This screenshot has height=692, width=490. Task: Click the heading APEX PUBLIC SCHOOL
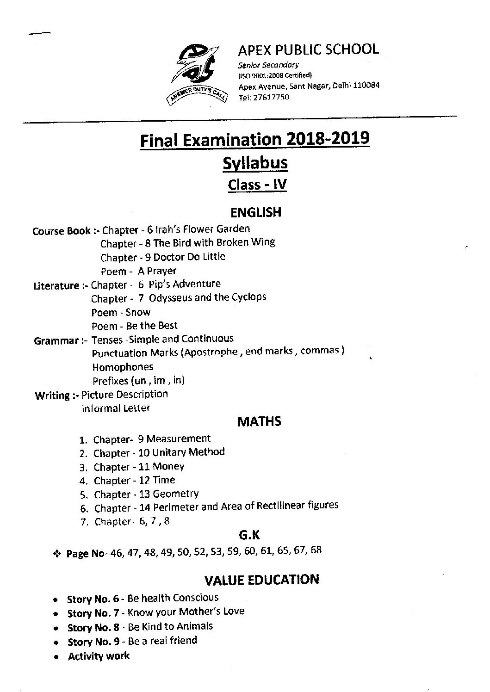click(308, 49)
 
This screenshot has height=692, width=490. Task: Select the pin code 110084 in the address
click(366, 86)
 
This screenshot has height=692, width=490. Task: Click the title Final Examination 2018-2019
click(255, 139)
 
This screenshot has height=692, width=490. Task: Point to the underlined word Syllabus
click(255, 162)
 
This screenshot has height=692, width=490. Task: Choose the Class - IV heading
click(257, 185)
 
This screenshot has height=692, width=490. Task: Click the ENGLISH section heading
click(256, 212)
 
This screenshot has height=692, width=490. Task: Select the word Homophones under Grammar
click(123, 367)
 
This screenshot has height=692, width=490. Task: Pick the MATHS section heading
click(259, 421)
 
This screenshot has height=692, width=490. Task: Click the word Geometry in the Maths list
click(176, 494)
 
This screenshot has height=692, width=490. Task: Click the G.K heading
click(249, 535)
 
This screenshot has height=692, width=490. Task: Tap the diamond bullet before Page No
click(58, 553)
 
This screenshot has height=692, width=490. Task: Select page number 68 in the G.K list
click(316, 550)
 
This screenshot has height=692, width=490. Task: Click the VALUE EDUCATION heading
click(261, 580)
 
